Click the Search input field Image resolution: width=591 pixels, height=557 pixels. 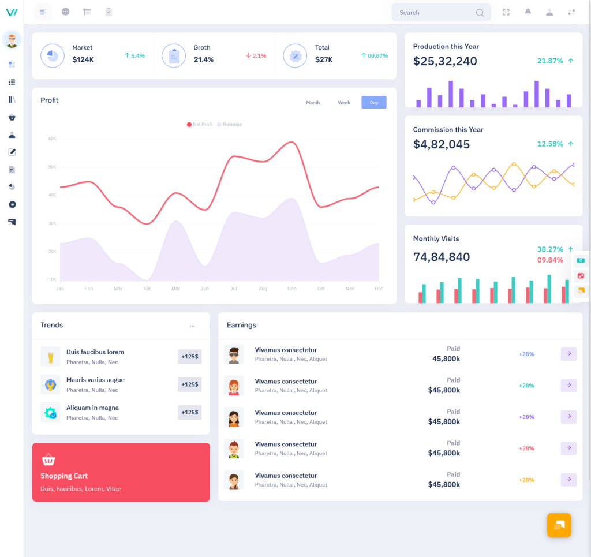click(436, 13)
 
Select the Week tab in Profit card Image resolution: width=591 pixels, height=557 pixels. click(344, 103)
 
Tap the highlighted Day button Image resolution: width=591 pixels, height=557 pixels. click(374, 103)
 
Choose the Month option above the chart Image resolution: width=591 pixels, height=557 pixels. click(313, 103)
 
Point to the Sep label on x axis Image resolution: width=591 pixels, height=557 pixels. click(291, 289)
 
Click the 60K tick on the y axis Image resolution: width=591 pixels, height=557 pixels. click(52, 139)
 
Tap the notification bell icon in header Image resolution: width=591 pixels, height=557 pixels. click(528, 12)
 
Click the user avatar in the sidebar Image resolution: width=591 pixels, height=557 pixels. click(12, 40)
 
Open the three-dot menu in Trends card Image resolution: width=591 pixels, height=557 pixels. click(192, 326)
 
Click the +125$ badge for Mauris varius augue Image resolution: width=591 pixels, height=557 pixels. click(189, 384)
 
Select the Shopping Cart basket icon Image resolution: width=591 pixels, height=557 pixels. click(48, 460)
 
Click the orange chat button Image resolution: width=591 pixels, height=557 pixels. click(559, 525)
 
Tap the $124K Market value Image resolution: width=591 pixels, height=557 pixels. click(83, 59)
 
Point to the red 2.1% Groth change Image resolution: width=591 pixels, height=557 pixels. click(256, 56)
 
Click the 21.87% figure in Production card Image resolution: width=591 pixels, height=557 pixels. click(550, 61)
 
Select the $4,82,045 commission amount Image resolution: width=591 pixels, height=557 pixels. click(442, 144)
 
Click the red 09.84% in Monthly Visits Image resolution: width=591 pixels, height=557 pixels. click(550, 260)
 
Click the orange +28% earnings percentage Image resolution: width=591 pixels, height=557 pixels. click(526, 480)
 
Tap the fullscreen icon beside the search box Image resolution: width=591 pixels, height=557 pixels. click(506, 12)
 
